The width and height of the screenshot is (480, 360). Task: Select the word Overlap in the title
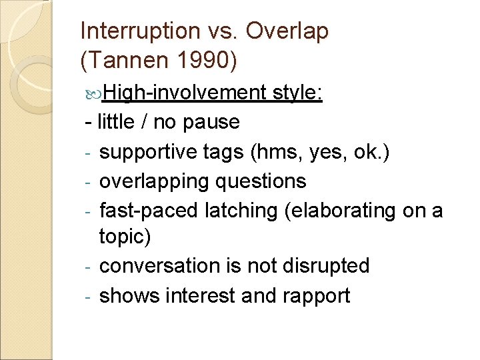point(288,31)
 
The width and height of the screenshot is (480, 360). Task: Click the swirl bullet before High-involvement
point(95,93)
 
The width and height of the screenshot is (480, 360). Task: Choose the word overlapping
point(152,181)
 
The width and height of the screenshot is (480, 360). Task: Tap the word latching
point(233,210)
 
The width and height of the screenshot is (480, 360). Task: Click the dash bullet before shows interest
point(88,296)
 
